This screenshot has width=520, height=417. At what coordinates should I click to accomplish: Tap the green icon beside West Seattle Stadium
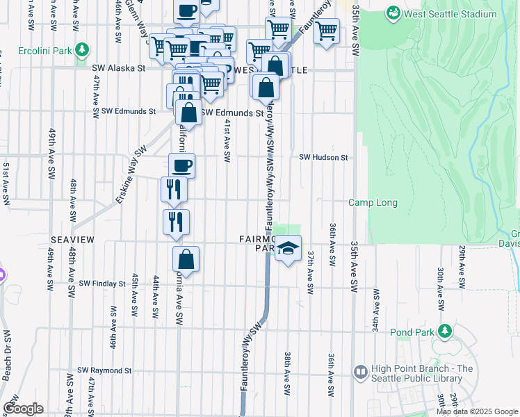tap(394, 13)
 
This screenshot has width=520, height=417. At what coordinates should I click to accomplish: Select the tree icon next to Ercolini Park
tap(83, 49)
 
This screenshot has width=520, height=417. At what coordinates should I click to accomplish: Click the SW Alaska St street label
tap(119, 68)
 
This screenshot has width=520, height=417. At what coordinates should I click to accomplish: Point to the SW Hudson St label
tap(323, 158)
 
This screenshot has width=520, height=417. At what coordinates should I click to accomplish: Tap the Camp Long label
tap(373, 203)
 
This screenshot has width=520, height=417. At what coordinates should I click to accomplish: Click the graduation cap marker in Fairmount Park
tap(288, 247)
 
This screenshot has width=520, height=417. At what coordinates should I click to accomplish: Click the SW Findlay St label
tap(102, 284)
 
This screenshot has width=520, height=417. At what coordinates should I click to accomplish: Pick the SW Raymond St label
tap(105, 370)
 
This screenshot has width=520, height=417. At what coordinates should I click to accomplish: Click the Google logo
tap(23, 408)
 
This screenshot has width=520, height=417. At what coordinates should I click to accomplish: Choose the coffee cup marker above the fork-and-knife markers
tap(182, 165)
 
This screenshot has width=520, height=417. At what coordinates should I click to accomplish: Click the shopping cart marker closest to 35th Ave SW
tap(326, 31)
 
